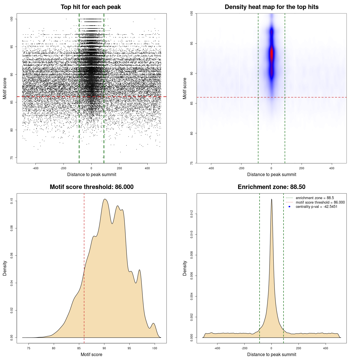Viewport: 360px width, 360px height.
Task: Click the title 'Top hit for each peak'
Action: [91, 7]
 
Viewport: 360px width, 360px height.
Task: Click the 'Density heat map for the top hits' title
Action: [271, 7]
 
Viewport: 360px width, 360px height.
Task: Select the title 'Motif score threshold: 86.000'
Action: [91, 187]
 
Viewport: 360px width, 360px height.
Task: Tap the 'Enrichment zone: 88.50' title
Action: [271, 187]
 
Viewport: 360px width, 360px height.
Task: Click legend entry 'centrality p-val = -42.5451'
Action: [316, 207]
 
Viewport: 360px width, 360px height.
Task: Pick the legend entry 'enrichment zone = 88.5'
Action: [315, 198]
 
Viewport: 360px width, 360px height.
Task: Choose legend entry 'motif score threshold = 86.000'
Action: [320, 202]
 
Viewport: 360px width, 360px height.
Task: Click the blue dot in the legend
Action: [289, 207]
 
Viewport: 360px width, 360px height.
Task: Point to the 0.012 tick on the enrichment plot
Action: [192, 214]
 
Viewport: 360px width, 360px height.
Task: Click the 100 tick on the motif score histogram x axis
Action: [154, 348]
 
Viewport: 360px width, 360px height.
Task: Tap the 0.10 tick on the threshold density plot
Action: [12, 201]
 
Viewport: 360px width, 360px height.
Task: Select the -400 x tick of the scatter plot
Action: [35, 168]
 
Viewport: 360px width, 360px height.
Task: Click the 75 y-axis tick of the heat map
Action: [192, 163]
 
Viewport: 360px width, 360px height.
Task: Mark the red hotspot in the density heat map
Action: [271, 55]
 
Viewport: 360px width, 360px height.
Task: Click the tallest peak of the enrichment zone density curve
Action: [271, 199]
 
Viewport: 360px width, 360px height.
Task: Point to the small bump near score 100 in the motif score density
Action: [153, 324]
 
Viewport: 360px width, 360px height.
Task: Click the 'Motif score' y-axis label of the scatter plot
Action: [5, 88]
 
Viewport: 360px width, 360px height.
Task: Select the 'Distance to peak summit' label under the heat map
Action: [271, 175]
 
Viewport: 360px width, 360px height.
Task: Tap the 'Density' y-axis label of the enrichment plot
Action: [185, 268]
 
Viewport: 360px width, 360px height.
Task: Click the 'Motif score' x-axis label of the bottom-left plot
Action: [91, 355]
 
